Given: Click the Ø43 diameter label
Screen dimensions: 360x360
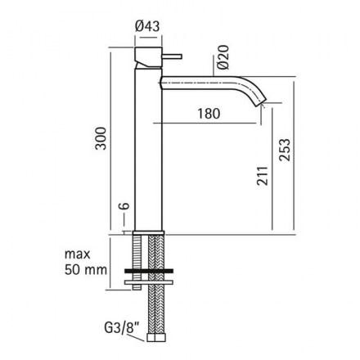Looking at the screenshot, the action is click(147, 26).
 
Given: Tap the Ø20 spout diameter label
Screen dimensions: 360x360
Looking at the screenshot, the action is click(223, 57).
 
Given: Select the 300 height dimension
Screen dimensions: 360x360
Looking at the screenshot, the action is click(101, 138).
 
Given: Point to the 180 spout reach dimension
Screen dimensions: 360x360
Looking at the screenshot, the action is click(209, 114).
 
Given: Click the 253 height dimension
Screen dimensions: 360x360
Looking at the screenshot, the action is click(285, 150).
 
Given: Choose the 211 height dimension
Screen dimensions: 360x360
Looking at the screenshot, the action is click(263, 176).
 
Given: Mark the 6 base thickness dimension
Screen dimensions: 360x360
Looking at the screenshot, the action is click(124, 206).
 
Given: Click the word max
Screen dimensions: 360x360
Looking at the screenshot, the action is click(77, 254).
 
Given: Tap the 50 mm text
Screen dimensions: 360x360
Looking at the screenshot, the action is click(86, 270).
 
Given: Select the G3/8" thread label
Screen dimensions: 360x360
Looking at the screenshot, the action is click(122, 327).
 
